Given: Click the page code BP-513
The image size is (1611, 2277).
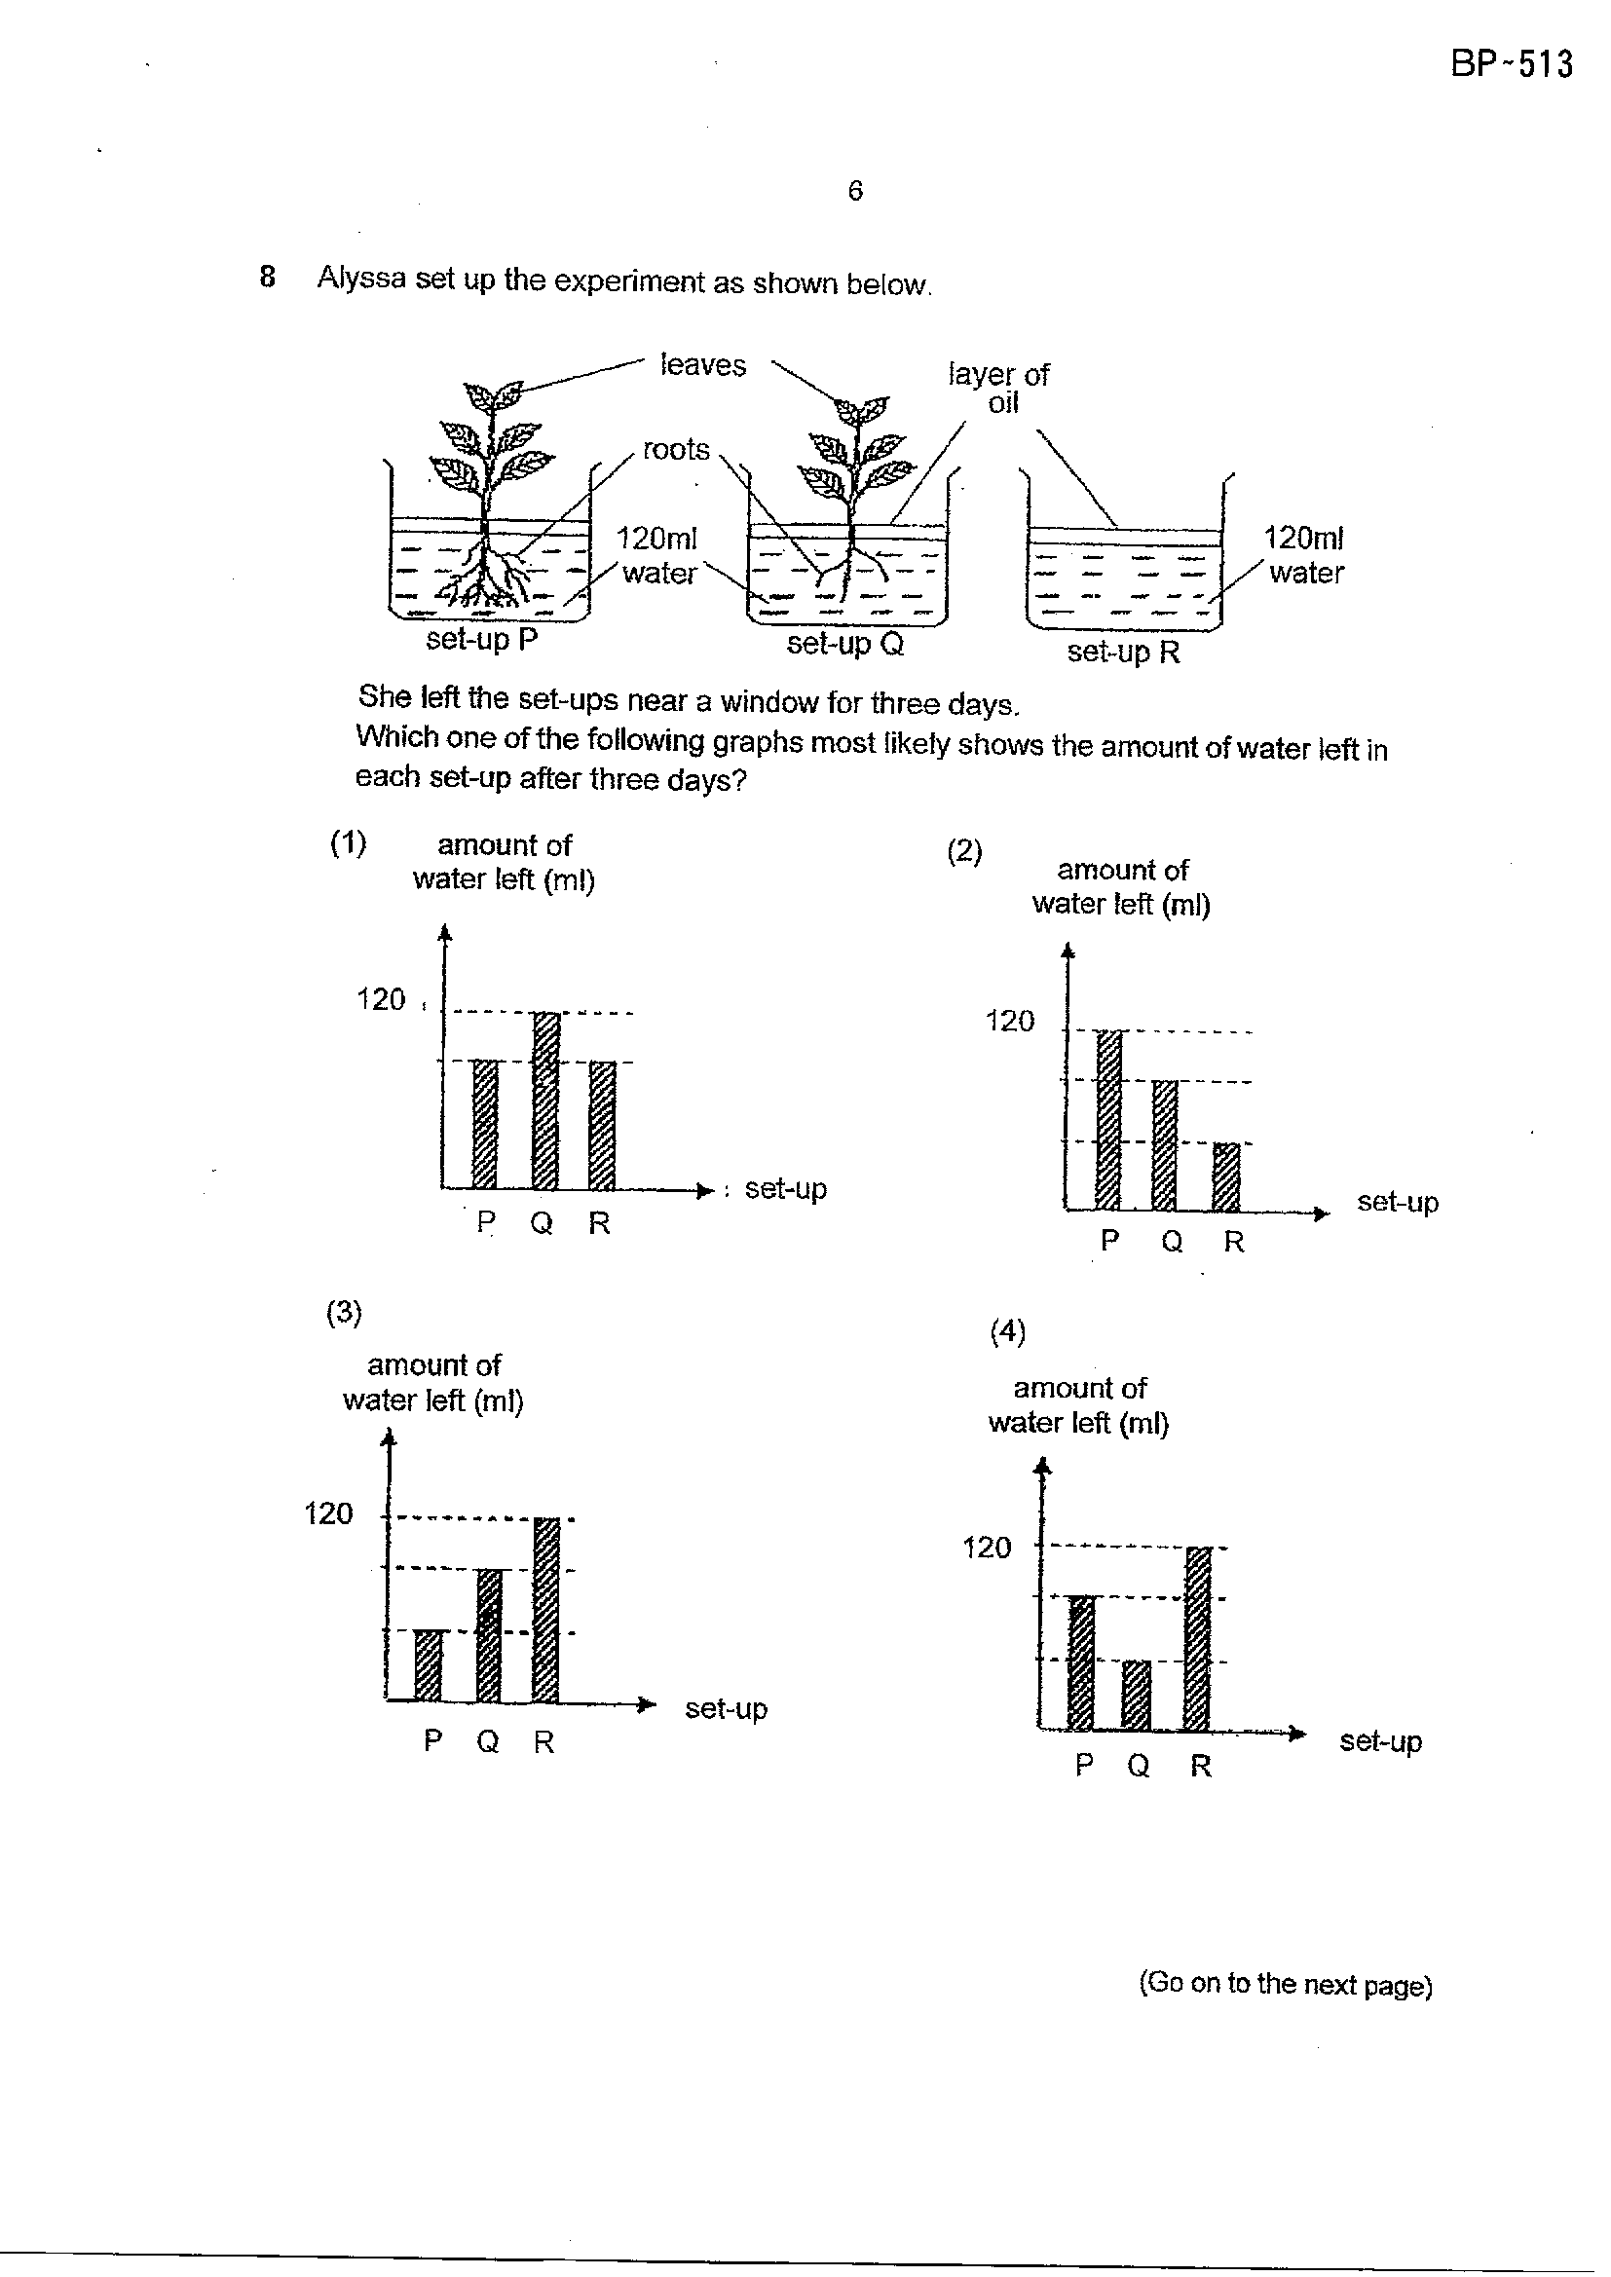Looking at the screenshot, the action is (1511, 64).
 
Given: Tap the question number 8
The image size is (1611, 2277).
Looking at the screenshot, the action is (267, 277).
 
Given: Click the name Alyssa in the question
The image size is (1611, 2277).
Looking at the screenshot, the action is (361, 279).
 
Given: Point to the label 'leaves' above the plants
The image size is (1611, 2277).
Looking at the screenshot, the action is (702, 365).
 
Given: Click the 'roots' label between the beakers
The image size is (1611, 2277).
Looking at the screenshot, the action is (677, 449).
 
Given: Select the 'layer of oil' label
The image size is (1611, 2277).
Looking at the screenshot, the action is (999, 388).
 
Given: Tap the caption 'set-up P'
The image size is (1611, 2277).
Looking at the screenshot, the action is (481, 640).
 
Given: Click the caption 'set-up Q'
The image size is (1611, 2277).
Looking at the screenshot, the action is (845, 645).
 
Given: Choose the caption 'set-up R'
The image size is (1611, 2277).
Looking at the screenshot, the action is (1123, 652).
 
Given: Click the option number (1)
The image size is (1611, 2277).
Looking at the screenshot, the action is (348, 843).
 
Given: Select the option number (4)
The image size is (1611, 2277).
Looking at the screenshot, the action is (1007, 1331).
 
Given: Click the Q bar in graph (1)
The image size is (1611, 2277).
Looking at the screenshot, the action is (545, 1101).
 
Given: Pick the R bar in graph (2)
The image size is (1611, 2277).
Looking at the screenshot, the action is (1227, 1177).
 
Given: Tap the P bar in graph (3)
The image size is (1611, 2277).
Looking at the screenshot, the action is (428, 1665).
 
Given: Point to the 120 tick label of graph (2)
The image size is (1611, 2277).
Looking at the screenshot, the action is (1010, 1021).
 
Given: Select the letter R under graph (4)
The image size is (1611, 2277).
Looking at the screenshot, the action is (1201, 1766).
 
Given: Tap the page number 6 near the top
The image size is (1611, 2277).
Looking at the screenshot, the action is (855, 191).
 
